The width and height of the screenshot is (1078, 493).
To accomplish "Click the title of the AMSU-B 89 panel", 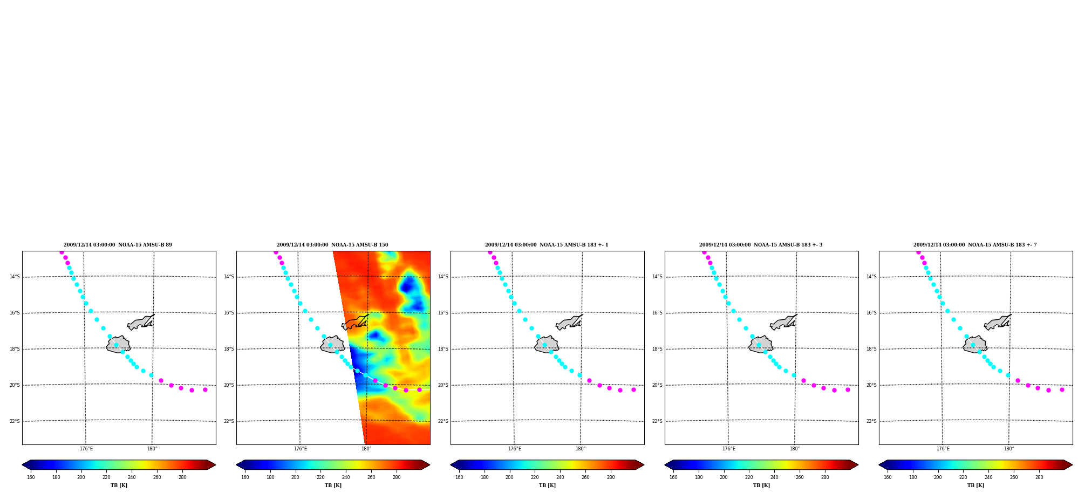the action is click(118, 245).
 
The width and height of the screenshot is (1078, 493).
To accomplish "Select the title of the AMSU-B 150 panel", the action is click(332, 245).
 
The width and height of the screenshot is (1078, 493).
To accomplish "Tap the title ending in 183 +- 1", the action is click(547, 245).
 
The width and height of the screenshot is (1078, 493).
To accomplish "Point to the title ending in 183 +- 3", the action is click(761, 245).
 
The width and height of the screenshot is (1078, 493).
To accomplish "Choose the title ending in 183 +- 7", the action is click(975, 245).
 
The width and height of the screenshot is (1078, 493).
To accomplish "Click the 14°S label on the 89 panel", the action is click(15, 277).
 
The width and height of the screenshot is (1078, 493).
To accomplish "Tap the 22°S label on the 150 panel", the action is click(229, 421).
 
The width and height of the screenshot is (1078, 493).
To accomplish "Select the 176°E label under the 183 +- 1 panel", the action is click(515, 449).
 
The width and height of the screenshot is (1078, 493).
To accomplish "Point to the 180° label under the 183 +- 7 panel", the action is click(1009, 449).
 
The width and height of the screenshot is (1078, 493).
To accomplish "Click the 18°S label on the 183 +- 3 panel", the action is click(657, 349).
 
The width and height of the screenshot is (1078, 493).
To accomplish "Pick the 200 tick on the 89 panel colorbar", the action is click(81, 477).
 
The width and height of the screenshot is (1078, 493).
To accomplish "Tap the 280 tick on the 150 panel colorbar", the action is click(397, 477).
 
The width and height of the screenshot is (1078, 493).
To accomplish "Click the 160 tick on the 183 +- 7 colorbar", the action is click(888, 477).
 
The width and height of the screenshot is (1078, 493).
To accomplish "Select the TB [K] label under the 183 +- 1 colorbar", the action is click(547, 485).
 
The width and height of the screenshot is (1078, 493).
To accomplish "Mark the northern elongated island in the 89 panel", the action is click(141, 322).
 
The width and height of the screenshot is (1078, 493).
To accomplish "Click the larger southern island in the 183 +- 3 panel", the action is click(761, 344).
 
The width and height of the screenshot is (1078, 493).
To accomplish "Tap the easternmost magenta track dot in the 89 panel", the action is click(205, 389).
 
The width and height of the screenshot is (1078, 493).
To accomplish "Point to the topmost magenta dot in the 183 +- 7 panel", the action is click(918, 252).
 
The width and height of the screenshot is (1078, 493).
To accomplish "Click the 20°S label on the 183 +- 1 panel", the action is click(443, 385).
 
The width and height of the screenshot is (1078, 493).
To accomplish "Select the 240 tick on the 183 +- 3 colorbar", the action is click(774, 477).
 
